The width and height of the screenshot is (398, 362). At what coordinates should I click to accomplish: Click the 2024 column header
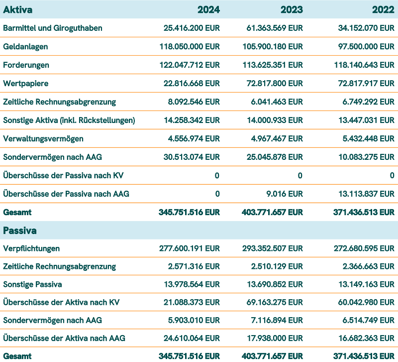209,9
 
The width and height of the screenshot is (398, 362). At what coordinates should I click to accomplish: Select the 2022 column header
384,9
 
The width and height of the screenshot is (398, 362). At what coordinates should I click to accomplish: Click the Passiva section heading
20,231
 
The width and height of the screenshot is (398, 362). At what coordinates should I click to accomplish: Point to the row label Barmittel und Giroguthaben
53,28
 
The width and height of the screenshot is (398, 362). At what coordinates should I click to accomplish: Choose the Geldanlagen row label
26,46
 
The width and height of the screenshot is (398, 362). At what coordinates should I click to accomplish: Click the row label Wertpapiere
26,83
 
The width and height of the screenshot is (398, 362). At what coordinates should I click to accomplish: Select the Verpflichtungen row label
31,248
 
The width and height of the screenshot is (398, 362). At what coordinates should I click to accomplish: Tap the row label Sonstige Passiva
32,285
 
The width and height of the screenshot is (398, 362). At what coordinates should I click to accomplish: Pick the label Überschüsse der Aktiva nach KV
61,302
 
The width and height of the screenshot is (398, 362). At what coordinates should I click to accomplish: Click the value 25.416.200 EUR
192,28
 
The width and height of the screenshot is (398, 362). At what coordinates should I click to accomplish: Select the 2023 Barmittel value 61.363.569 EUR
275,28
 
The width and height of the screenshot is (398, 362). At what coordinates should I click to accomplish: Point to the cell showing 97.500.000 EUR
366,46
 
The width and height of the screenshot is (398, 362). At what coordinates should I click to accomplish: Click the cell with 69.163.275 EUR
275,302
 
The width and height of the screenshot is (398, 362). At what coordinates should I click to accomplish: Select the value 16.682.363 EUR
366,339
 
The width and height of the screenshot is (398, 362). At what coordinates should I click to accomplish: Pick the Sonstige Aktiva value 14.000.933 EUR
275,120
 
